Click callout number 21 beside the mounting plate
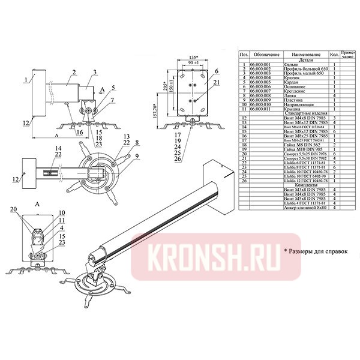point(216,82)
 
